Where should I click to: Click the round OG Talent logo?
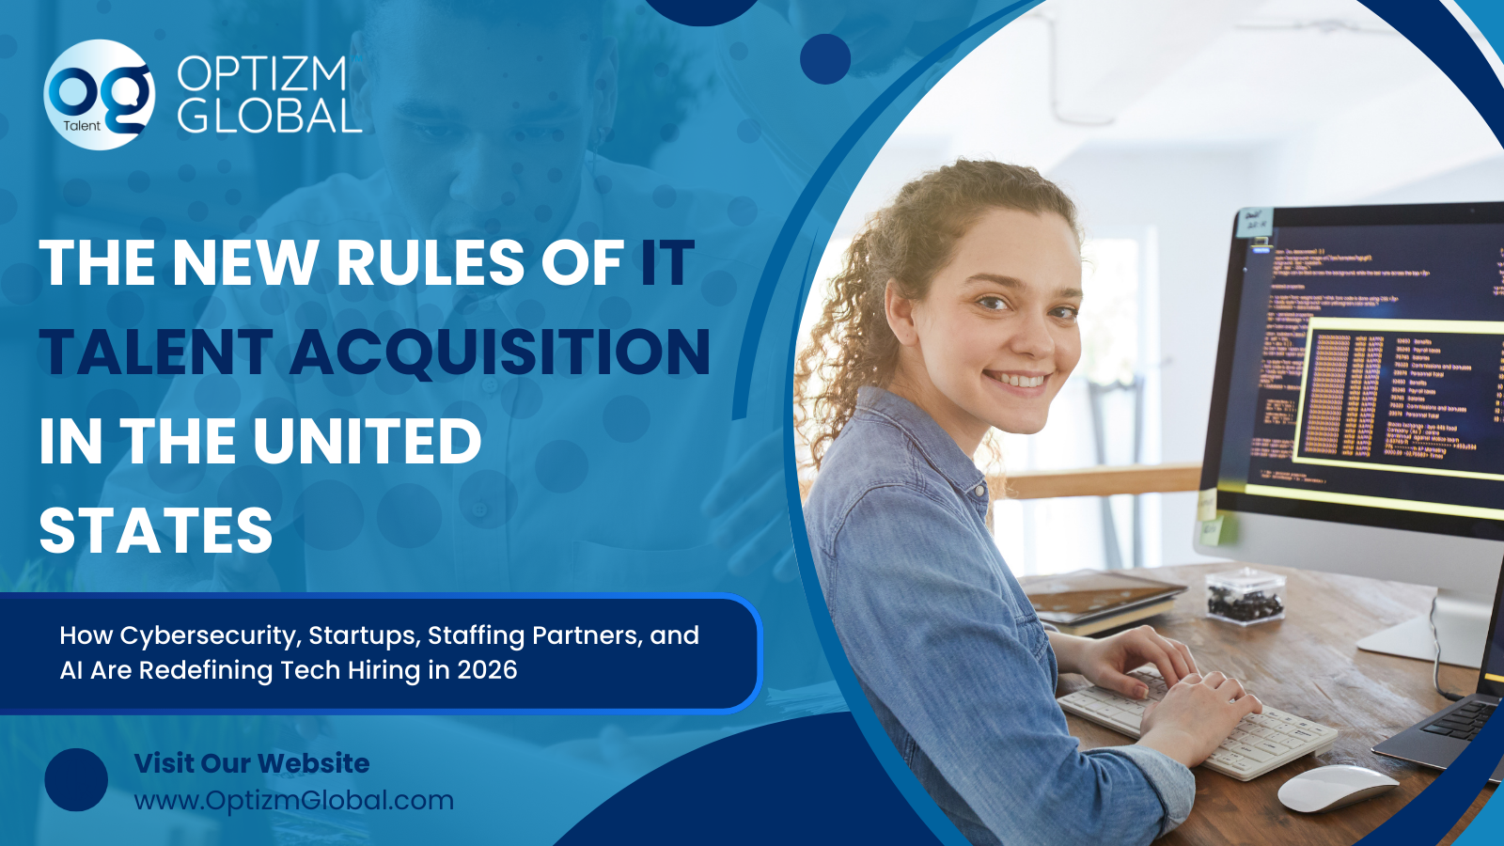click(99, 95)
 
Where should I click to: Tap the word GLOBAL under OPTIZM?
click(269, 117)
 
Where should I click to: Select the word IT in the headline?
click(666, 262)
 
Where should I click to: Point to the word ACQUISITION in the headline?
click(500, 352)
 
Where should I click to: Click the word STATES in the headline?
click(156, 531)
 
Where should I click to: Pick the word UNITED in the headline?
click(368, 442)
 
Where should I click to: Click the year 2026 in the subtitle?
click(487, 670)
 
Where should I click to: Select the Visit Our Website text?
click(252, 763)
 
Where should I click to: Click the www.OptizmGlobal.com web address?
click(293, 801)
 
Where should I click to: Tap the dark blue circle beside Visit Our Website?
click(76, 780)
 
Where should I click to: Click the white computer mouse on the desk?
click(1337, 789)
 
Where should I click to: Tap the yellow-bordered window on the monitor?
click(1391, 395)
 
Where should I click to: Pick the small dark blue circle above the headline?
click(824, 59)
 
